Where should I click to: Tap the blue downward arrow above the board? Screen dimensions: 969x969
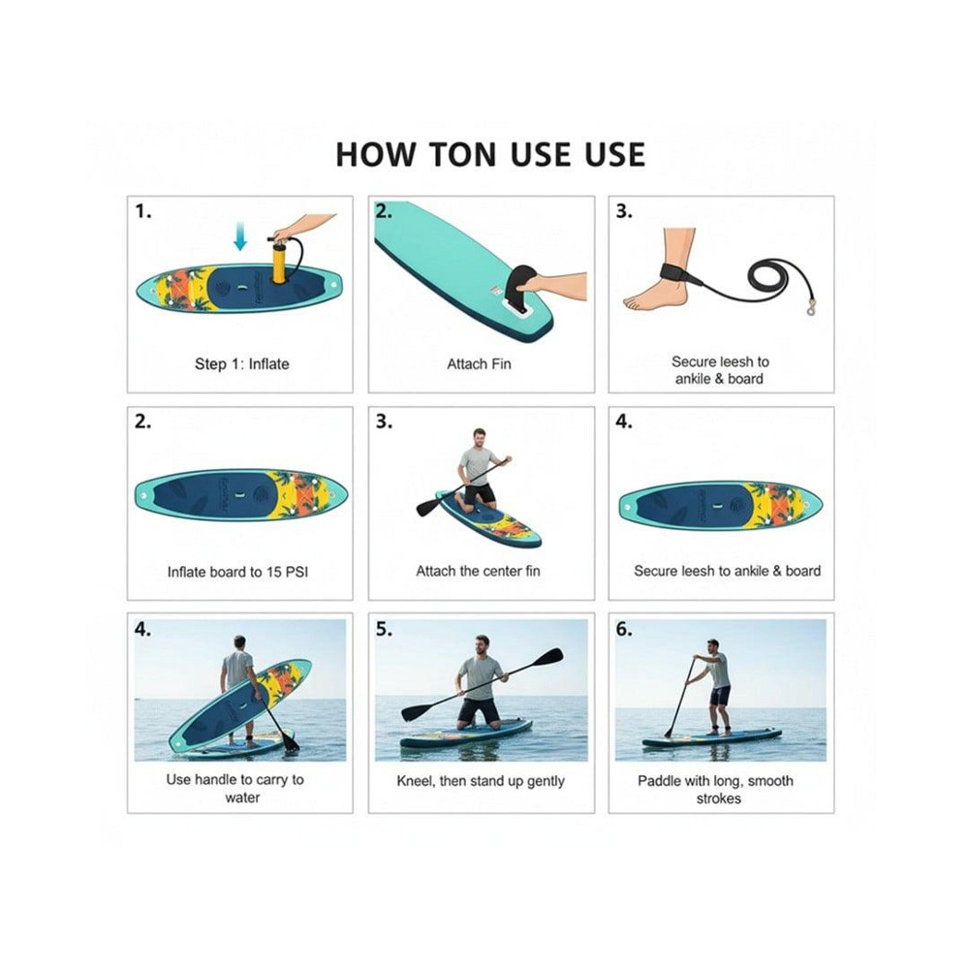pyautogui.click(x=240, y=236)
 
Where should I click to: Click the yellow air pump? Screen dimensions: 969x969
pyautogui.click(x=281, y=261)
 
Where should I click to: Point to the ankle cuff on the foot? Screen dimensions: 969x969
pyautogui.click(x=680, y=274)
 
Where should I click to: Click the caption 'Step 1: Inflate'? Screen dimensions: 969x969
pyautogui.click(x=241, y=364)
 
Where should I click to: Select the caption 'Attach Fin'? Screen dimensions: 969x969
pyautogui.click(x=479, y=364)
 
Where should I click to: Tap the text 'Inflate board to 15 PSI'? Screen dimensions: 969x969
pyautogui.click(x=237, y=573)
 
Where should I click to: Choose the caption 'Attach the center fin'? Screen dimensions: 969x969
pyautogui.click(x=478, y=571)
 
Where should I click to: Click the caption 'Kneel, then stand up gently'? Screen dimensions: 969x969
pyautogui.click(x=481, y=781)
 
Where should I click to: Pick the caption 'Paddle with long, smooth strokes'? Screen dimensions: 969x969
pyautogui.click(x=716, y=790)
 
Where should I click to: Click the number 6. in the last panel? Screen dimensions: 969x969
pyautogui.click(x=624, y=629)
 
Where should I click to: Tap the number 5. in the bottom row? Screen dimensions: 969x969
pyautogui.click(x=384, y=629)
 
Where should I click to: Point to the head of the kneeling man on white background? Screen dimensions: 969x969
pyautogui.click(x=479, y=436)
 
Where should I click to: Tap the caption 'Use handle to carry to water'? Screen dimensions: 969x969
pyautogui.click(x=234, y=789)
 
